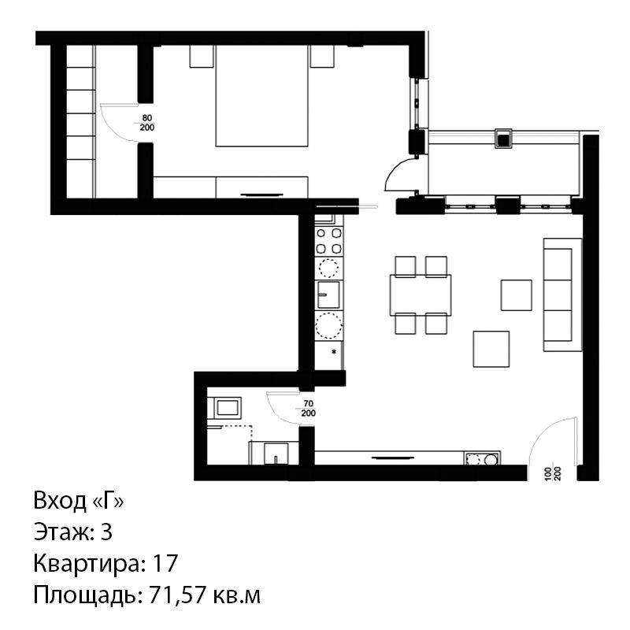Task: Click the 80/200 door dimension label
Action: coord(147,123)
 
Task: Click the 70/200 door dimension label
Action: coord(308,408)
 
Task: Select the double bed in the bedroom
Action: coord(261,95)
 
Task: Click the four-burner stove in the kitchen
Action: coord(328,241)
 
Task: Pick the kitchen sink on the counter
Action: coord(328,295)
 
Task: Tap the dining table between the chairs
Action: coord(421,295)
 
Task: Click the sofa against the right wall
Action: coord(562,295)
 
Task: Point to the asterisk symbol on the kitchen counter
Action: coord(333,352)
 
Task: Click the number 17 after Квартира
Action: coord(165,563)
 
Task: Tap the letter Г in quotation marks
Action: coord(108,501)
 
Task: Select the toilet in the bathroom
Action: coord(276,454)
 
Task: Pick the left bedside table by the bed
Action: coord(202,56)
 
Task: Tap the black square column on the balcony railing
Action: coord(502,139)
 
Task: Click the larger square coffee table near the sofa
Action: coord(491,349)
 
